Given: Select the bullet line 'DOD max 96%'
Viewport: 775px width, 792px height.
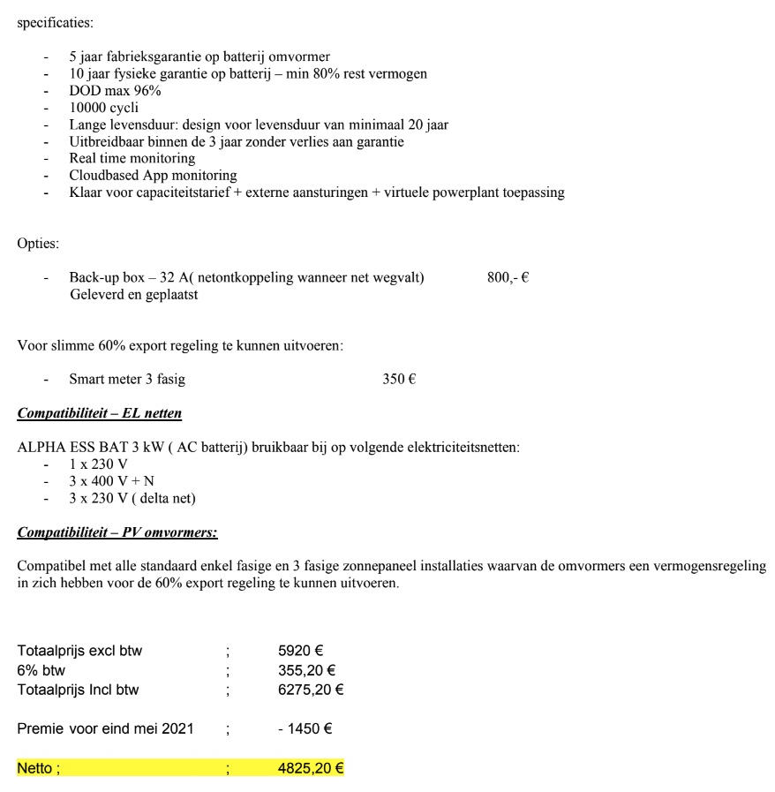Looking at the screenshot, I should click(115, 91).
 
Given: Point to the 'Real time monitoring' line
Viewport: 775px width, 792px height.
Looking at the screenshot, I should click(132, 158).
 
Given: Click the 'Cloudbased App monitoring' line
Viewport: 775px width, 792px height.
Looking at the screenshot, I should click(153, 175).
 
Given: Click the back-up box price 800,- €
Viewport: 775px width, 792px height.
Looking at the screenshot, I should click(508, 278).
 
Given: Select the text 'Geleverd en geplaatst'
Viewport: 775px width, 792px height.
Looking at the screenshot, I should click(133, 295).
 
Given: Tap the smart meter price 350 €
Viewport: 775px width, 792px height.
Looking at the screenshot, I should click(399, 380).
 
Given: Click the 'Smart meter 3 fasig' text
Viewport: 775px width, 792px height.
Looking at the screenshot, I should click(127, 380).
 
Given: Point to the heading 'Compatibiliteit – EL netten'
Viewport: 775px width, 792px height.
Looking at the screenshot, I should click(100, 413).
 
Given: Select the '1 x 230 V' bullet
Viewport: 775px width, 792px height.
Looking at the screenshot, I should click(98, 464).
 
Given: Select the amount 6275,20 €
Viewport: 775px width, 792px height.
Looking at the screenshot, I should click(311, 690).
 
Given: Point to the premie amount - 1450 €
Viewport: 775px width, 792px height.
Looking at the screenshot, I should click(305, 729).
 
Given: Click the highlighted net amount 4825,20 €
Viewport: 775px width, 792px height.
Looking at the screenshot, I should click(311, 768).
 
